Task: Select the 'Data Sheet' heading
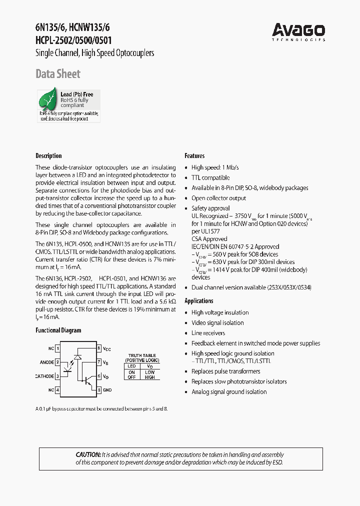tap(58, 74)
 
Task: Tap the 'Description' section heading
tap(48, 156)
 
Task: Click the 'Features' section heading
tap(194, 156)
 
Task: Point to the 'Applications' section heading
tap(199, 301)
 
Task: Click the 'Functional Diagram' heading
tap(58, 330)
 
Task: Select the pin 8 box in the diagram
tap(99, 348)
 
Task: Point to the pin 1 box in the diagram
tap(58, 348)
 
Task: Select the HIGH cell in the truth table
tap(149, 377)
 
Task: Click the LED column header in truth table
tap(132, 366)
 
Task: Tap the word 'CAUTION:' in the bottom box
tap(88, 455)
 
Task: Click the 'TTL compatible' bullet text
tap(210, 178)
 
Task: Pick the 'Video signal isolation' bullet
tap(217, 323)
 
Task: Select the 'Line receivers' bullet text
tap(208, 333)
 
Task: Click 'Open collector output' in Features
tap(218, 198)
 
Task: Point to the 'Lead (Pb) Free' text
tap(77, 94)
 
